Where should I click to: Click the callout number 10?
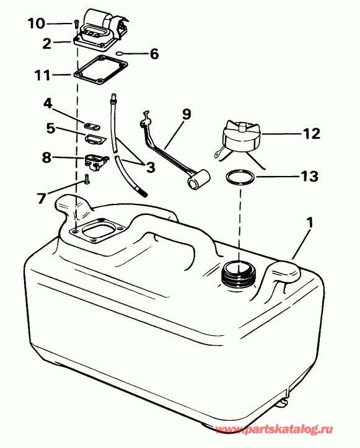pyautogui.click(x=37, y=24)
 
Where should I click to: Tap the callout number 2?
pyautogui.click(x=46, y=43)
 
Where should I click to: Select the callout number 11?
pyautogui.click(x=42, y=76)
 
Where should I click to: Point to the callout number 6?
pyautogui.click(x=154, y=54)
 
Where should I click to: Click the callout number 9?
pyautogui.click(x=187, y=114)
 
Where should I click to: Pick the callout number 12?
pyautogui.click(x=312, y=134)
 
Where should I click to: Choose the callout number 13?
pyautogui.click(x=310, y=176)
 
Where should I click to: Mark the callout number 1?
pyautogui.click(x=309, y=222)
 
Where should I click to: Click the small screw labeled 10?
pyautogui.click(x=76, y=24)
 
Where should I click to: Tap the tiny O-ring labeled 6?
pyautogui.click(x=119, y=53)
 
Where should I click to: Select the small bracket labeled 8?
pyautogui.click(x=96, y=162)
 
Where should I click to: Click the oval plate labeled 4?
pyautogui.click(x=91, y=125)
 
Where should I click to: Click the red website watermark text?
pyautogui.click(x=274, y=429)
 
